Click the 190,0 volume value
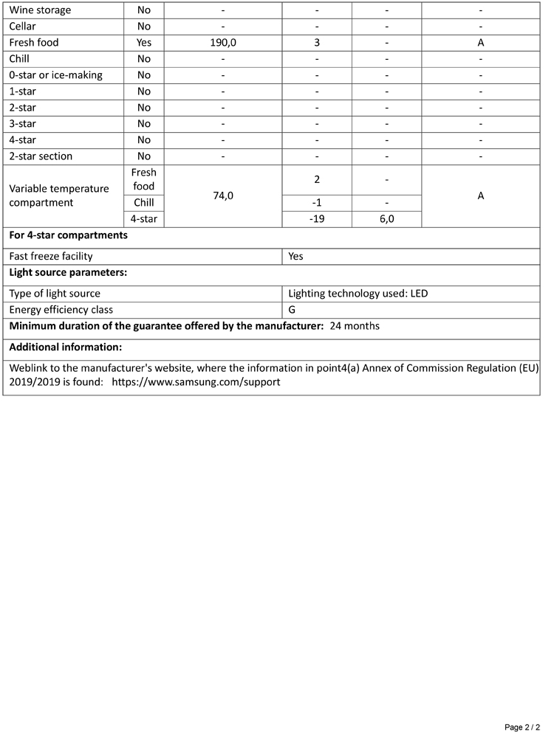223,43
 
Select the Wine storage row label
41,10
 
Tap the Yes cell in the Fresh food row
144,43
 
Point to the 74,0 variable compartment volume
223,195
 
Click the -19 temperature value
317,219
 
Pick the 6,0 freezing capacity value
386,219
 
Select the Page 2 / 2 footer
522,727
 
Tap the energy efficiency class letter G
293,310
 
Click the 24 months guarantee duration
355,326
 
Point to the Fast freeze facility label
51,256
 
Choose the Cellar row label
23,27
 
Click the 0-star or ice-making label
56,75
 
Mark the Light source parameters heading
68,272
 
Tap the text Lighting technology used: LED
358,294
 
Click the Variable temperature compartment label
59,195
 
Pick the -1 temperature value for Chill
317,203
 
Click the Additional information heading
66,347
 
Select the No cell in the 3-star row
144,124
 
